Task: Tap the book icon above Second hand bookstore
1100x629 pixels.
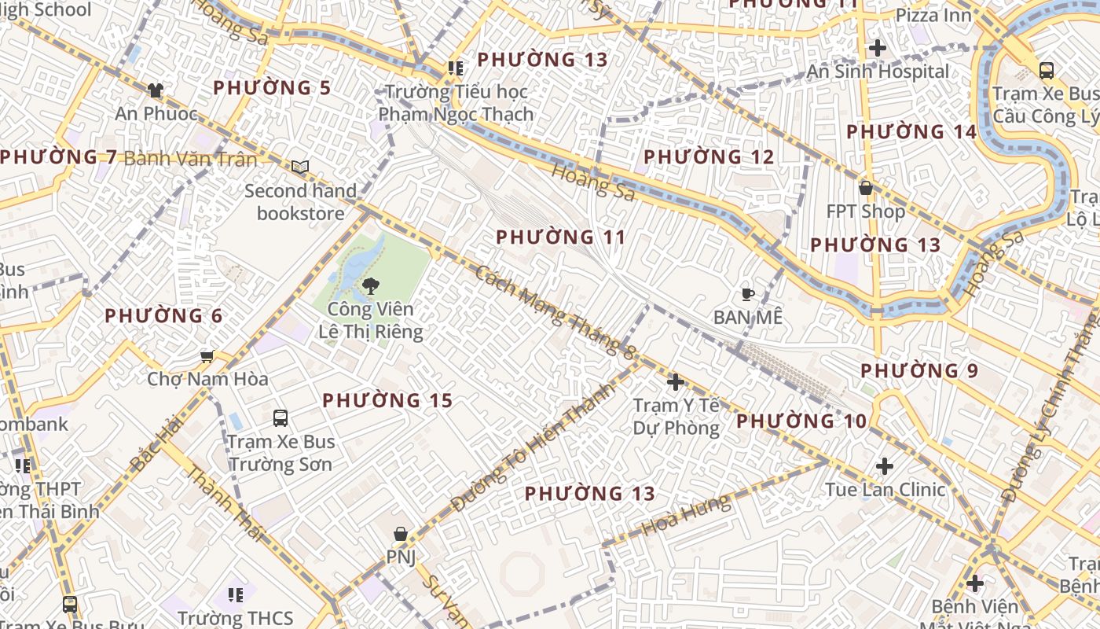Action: (300, 167)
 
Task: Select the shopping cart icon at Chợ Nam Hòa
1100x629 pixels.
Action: (207, 357)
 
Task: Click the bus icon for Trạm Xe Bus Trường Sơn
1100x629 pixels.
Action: (280, 418)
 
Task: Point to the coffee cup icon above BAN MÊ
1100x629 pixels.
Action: (747, 295)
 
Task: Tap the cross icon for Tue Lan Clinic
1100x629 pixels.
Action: (885, 466)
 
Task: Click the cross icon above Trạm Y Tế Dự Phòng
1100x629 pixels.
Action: (675, 383)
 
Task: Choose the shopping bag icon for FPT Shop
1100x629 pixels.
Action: (865, 189)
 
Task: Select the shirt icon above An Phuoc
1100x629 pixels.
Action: (156, 90)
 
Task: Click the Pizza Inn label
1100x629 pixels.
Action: (933, 15)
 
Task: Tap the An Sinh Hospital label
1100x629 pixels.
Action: (878, 72)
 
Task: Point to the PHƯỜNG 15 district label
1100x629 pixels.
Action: (387, 401)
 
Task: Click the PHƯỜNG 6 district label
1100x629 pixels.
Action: (163, 316)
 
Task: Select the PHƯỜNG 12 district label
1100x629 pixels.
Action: (709, 157)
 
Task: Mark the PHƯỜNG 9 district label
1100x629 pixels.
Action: (919, 370)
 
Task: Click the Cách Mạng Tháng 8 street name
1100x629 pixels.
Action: (554, 312)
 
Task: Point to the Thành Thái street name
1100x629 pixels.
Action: (225, 504)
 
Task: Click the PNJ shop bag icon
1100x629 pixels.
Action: (401, 535)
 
